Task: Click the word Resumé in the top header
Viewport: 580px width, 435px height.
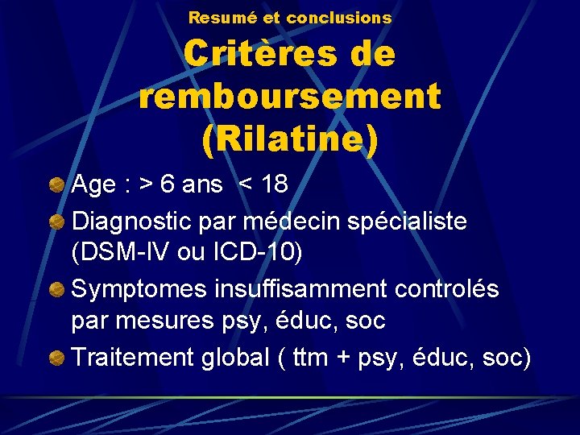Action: [x=216, y=17]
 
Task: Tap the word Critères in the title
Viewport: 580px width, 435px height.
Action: [x=257, y=55]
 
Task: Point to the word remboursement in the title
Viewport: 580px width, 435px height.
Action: [x=290, y=97]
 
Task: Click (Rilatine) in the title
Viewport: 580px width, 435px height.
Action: [x=290, y=139]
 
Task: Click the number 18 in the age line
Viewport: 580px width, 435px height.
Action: [x=274, y=185]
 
